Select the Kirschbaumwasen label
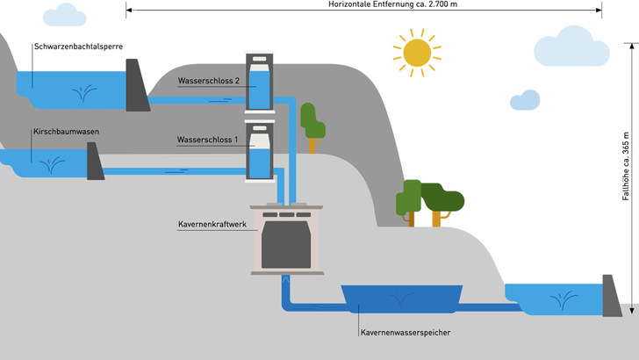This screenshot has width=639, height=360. (63, 131)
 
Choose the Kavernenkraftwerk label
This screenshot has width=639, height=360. (212, 224)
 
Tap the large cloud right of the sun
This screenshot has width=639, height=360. (584, 46)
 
